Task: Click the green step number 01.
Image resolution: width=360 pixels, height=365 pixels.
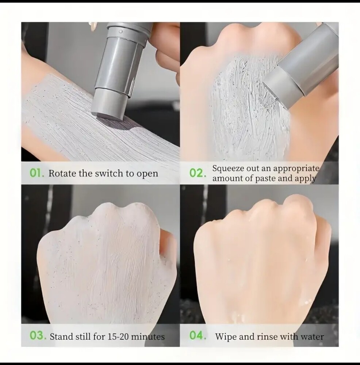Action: click(37, 173)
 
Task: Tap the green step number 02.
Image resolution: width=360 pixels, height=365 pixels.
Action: click(198, 173)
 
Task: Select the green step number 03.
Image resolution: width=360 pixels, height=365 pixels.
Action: click(38, 336)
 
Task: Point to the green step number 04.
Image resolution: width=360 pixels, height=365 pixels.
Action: click(198, 336)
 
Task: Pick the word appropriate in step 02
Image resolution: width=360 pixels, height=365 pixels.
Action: click(296, 169)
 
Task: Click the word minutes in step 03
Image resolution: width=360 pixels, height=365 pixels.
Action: click(148, 337)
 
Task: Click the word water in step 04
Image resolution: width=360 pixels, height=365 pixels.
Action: click(312, 337)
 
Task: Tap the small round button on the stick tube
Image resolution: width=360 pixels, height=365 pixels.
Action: click(120, 31)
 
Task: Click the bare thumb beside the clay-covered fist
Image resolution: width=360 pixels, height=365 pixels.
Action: click(168, 242)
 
